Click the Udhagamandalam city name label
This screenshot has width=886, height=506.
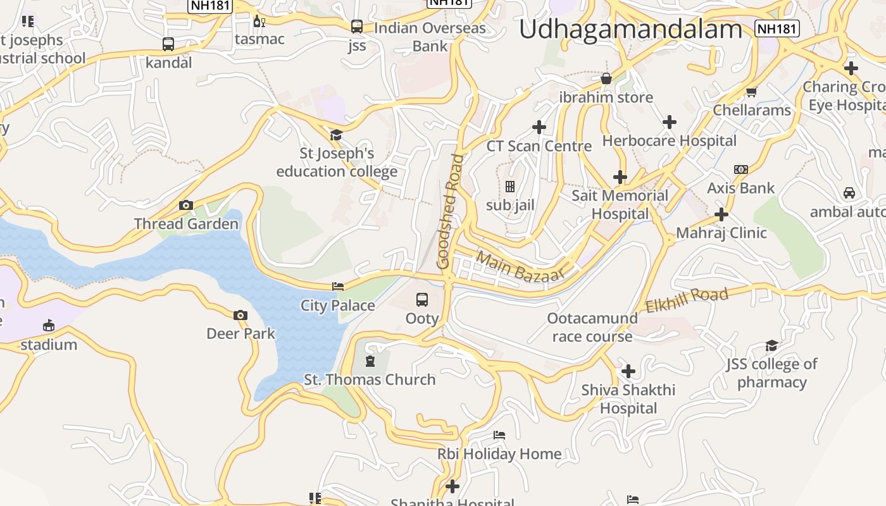pos(630,30)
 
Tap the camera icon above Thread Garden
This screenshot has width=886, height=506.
pos(186,205)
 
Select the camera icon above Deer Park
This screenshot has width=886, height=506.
pos(240,315)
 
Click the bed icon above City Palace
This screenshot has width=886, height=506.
pos(338,287)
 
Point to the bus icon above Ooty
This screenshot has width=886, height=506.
pos(422,299)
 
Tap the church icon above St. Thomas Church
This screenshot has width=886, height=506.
pos(370,361)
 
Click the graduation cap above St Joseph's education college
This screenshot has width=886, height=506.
pos(336,135)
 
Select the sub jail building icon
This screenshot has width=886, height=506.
pos(510,187)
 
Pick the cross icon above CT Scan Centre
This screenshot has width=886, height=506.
pos(539,127)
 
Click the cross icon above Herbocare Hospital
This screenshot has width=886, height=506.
pos(670,122)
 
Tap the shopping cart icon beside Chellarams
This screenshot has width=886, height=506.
pos(752,92)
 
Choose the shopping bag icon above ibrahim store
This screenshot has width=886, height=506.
pos(606,78)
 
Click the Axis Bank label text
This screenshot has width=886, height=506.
pos(740,188)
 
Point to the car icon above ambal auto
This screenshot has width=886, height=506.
pos(849,193)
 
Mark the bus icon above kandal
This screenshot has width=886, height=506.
pos(168,44)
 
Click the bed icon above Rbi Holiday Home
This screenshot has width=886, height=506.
pos(499,435)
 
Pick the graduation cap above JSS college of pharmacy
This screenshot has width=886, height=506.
pos(771,345)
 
